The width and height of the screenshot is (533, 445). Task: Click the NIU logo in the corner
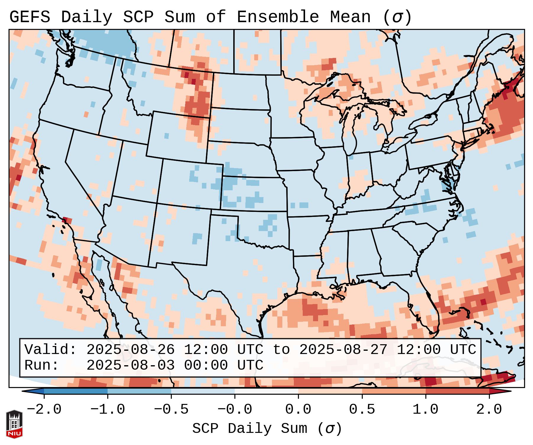(x=14, y=424)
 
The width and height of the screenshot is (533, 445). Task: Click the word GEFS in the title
(x=30, y=17)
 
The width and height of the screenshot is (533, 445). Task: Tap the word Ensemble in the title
(x=278, y=17)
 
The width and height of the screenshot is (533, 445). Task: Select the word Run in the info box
(x=41, y=365)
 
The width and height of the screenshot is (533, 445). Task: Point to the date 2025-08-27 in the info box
(x=343, y=350)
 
